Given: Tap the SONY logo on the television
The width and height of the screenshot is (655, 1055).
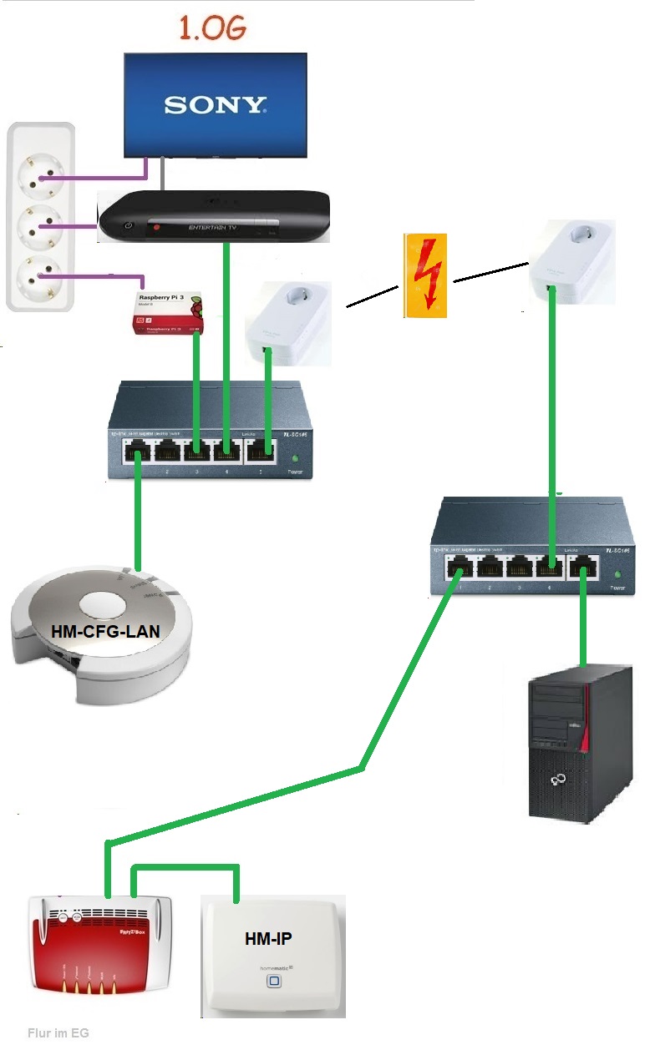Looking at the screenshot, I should click(x=216, y=104).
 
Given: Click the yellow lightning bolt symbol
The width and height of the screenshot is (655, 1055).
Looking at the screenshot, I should click(x=426, y=275).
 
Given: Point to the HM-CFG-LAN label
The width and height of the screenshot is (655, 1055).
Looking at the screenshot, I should click(x=105, y=631).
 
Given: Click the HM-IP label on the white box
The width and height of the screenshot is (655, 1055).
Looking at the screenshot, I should click(x=268, y=938).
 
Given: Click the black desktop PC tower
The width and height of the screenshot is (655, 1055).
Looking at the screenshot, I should click(x=580, y=742).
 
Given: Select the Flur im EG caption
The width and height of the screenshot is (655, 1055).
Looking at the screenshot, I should click(x=58, y=1032).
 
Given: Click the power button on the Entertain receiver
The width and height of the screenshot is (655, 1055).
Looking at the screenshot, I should click(x=127, y=226).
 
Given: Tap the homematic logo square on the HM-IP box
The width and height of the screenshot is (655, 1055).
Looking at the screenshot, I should click(x=272, y=980).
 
